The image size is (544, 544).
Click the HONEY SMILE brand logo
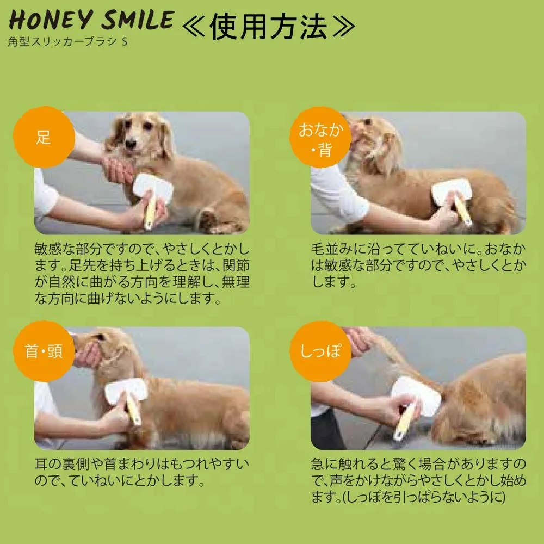(x=91, y=20)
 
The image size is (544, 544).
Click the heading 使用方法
(x=269, y=26)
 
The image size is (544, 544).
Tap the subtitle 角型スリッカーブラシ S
(x=67, y=42)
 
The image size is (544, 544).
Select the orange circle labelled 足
(x=44, y=137)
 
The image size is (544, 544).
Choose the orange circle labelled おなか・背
(x=320, y=137)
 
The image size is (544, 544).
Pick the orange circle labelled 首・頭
(x=44, y=351)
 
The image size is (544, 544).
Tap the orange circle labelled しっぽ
(x=320, y=351)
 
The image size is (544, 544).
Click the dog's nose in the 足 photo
(x=131, y=143)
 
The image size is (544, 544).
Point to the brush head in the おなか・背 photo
(x=452, y=191)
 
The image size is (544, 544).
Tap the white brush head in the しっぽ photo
(x=416, y=395)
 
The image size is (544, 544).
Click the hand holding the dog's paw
(x=118, y=169)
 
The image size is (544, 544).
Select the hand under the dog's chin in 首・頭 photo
(x=86, y=355)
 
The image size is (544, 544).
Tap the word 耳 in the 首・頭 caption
(x=41, y=464)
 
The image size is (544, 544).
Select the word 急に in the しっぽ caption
(x=325, y=464)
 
